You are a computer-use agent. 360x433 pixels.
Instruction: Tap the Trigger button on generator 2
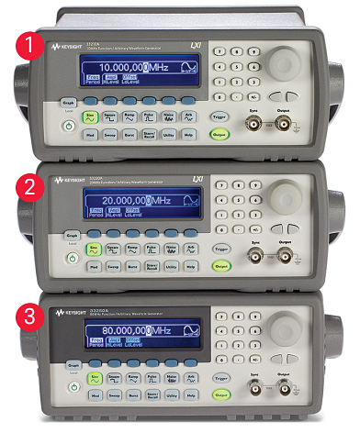(220, 247)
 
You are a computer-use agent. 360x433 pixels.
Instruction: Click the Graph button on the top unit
(68, 103)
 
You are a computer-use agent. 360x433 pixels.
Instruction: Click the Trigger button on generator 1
(220, 115)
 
